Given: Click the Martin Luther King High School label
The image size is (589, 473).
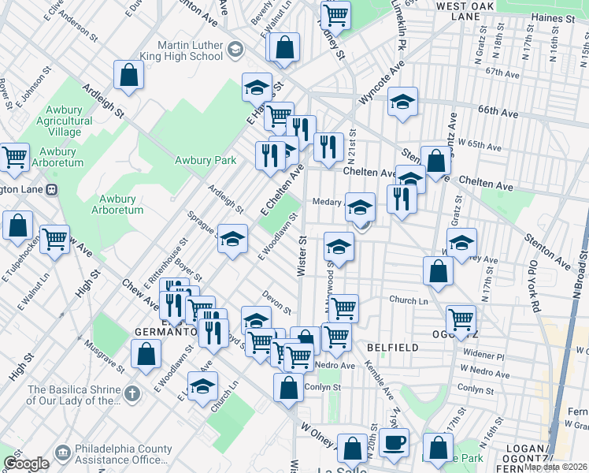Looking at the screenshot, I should point(190,50).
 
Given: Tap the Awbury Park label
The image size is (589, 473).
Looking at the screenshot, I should point(205,161).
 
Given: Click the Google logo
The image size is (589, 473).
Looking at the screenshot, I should point(26,464).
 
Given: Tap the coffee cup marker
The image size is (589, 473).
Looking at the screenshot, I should point(394,441).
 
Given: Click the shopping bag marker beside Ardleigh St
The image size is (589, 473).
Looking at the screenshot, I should point(128,75).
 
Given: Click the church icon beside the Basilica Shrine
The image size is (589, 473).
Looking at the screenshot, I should point(132,393).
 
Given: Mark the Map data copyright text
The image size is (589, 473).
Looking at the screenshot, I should point(556,467).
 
